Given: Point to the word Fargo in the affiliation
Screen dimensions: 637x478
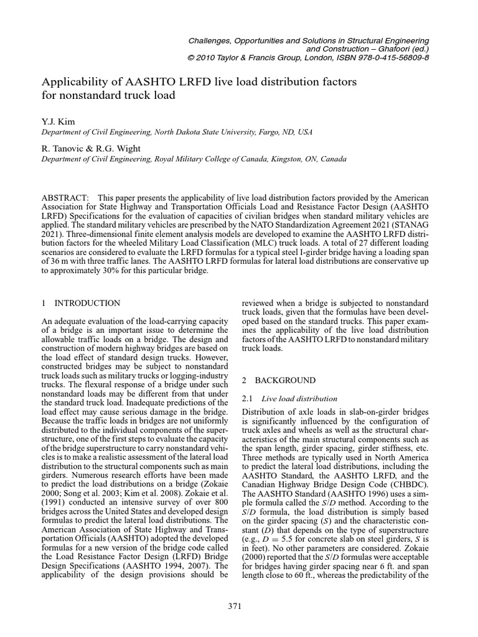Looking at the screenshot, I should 246,133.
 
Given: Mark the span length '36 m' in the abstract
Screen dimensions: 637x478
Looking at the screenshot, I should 62,261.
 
